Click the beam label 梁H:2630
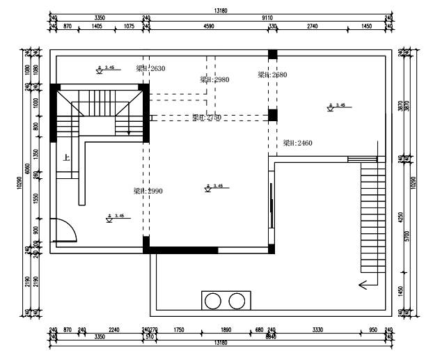(x=150, y=68)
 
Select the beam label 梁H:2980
(x=214, y=79)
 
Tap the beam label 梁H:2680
(x=272, y=75)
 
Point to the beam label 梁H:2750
(x=207, y=118)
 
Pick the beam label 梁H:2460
(x=297, y=143)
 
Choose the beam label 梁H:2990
(x=148, y=191)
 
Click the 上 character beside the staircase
(x=66, y=157)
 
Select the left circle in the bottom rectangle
(x=214, y=301)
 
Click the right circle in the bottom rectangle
(x=237, y=301)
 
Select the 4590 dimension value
(x=208, y=26)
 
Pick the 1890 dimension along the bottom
(x=226, y=331)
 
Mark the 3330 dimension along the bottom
(x=317, y=331)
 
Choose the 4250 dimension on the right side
(x=400, y=216)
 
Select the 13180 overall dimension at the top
(x=221, y=10)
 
